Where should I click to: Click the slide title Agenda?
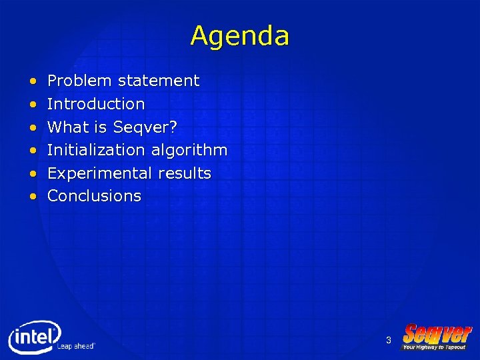click(x=239, y=35)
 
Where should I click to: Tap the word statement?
click(x=159, y=81)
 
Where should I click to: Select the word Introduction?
click(x=96, y=104)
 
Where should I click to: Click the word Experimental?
click(x=100, y=173)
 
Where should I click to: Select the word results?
click(x=185, y=173)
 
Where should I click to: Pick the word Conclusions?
click(x=94, y=196)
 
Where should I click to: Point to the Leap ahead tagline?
click(x=76, y=346)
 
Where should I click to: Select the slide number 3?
click(x=388, y=341)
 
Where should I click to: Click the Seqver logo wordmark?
click(x=437, y=333)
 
